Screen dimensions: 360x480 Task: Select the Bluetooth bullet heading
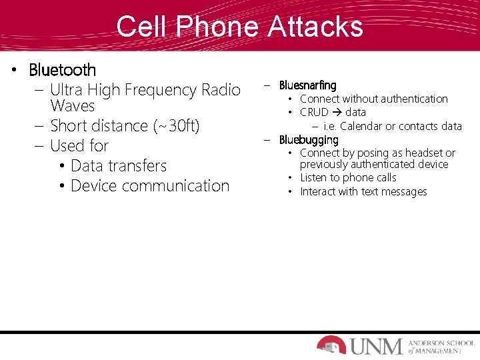[x=63, y=70]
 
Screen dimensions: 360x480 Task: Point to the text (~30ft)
[x=176, y=126]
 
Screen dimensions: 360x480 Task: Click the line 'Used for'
[x=79, y=146]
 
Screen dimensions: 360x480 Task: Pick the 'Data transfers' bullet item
[x=118, y=166]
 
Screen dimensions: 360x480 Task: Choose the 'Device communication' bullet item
[x=149, y=186]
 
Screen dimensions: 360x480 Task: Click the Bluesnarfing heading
[x=308, y=85]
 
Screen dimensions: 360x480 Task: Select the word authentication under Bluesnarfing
[x=413, y=99]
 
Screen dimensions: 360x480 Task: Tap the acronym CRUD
[x=314, y=112]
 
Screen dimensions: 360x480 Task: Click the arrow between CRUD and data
[x=337, y=112]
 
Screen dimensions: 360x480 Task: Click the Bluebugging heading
[x=309, y=140]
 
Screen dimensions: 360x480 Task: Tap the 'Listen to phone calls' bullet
[x=348, y=178]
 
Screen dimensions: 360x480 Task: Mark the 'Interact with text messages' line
[x=363, y=192]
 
